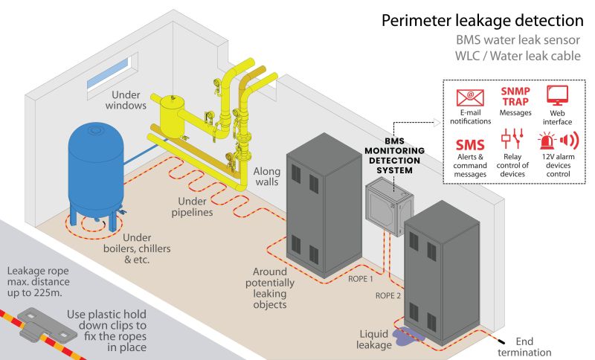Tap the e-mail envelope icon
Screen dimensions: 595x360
pyautogui.click(x=470, y=98)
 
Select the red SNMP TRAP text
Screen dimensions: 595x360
pyautogui.click(x=515, y=97)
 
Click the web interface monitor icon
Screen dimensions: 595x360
pyautogui.click(x=557, y=96)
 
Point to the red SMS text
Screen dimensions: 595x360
pyautogui.click(x=470, y=145)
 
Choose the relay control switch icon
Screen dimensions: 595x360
pyautogui.click(x=512, y=138)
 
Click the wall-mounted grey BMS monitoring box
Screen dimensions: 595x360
pyautogui.click(x=389, y=208)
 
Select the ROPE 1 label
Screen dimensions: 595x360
pyautogui.click(x=361, y=279)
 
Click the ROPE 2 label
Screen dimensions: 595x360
pyautogui.click(x=387, y=295)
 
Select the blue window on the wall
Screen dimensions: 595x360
pyautogui.click(x=108, y=74)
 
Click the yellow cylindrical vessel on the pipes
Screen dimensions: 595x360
pyautogui.click(x=172, y=115)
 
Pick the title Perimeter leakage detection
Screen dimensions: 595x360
pyautogui.click(x=482, y=20)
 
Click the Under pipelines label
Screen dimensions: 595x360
pyautogui.click(x=192, y=207)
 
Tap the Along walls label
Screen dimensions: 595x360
pyautogui.click(x=267, y=176)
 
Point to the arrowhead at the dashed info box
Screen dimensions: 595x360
pyautogui.click(x=437, y=122)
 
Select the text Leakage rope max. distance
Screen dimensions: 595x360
pyautogui.click(x=39, y=276)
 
